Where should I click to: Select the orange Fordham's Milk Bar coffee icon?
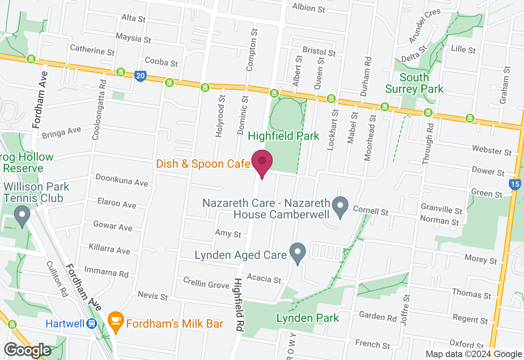pos(116,323)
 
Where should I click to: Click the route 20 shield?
pos(140,76)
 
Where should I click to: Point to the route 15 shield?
pos(515,184)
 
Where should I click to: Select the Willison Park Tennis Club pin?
pos(22,215)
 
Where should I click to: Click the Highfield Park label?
pos(284,136)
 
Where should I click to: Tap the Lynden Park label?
pos(308,318)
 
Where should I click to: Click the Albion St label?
pos(309,7)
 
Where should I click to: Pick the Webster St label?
pos(492,150)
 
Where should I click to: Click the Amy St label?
pos(228,234)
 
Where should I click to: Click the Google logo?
pos(27,350)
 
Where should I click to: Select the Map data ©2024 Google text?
pos(473,354)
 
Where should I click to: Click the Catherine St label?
pos(92,50)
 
